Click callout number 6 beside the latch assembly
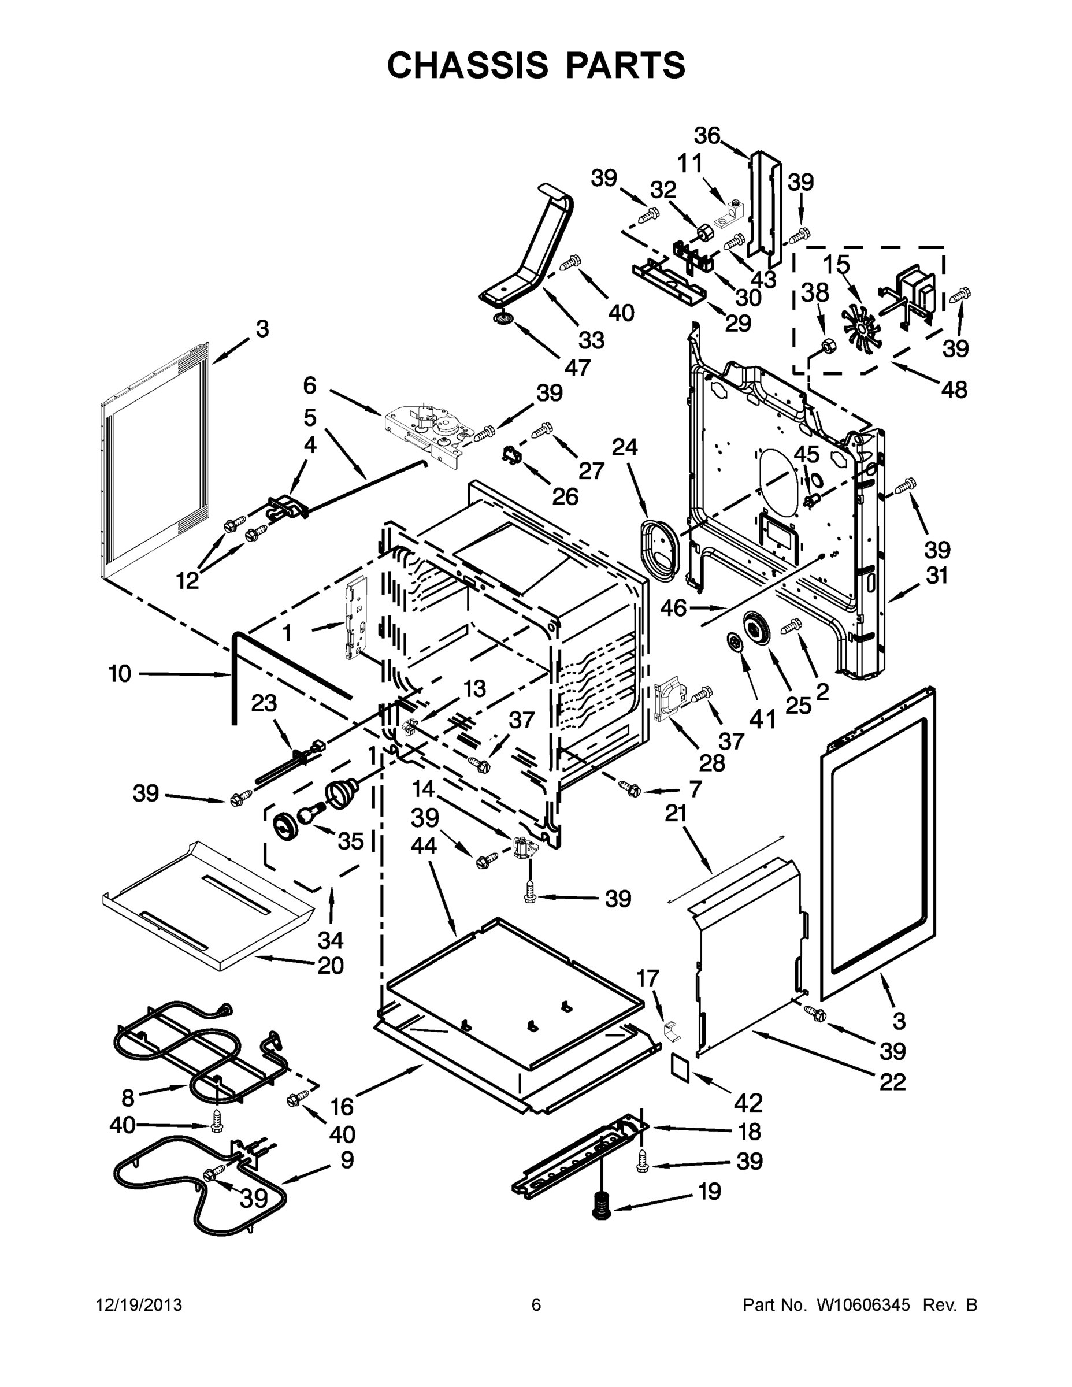(309, 385)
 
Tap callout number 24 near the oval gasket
(624, 447)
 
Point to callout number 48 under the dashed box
(954, 390)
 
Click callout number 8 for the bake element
(128, 1097)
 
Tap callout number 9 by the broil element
(347, 1160)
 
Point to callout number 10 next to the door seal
(120, 673)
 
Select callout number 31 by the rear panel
(937, 576)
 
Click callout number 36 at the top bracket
(707, 136)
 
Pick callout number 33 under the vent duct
(591, 340)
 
